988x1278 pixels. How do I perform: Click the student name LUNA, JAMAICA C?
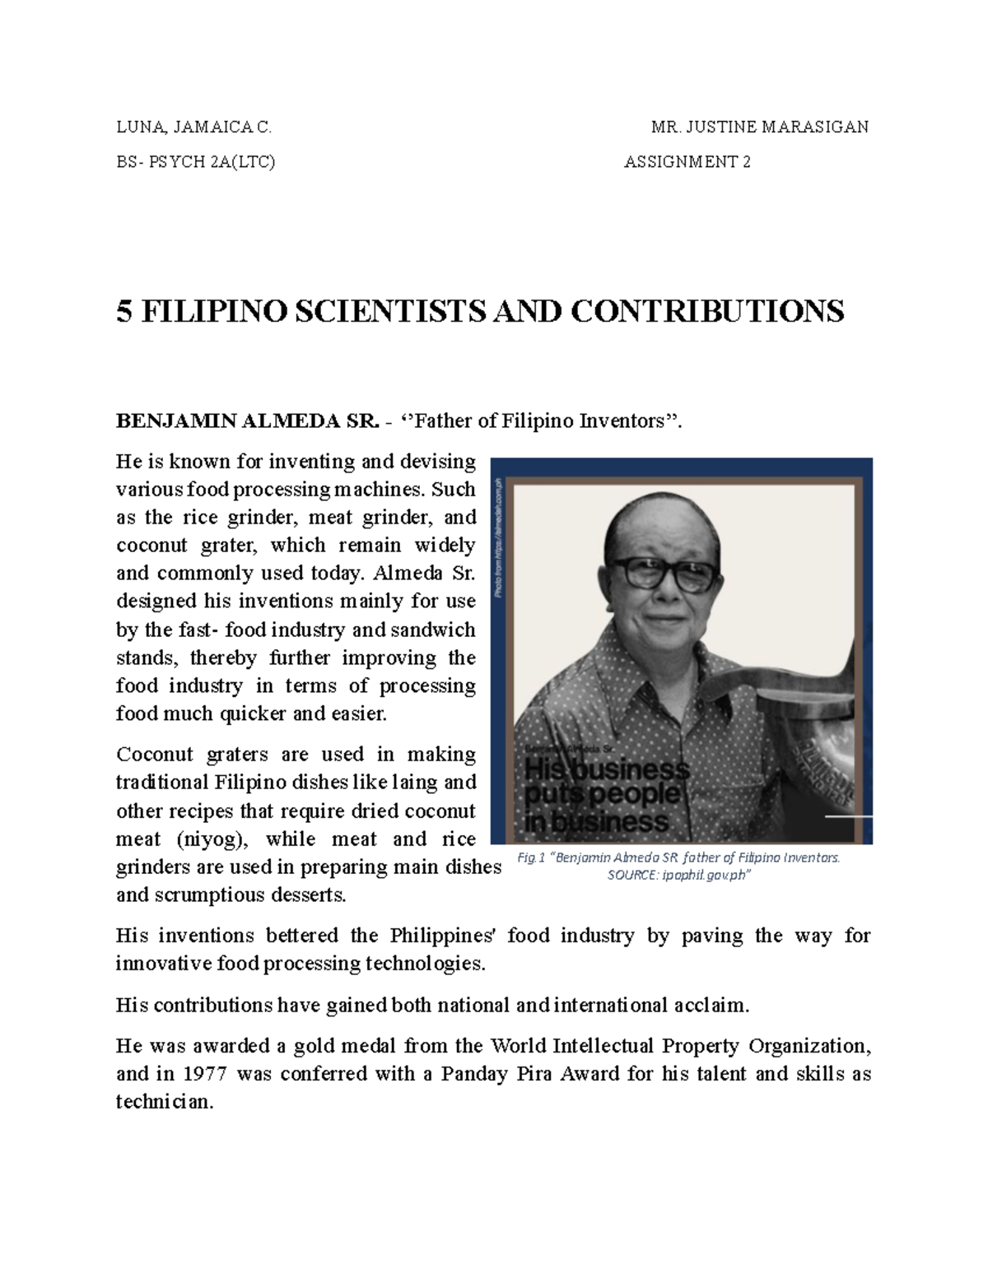193,127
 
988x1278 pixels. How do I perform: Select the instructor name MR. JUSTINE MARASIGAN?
759,127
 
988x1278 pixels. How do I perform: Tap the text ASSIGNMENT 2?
687,162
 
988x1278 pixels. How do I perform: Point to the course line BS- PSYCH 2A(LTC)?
196,162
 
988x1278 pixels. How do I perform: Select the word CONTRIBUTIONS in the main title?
707,311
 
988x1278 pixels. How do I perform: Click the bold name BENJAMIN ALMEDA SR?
248,421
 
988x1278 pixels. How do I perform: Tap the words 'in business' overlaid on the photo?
596,821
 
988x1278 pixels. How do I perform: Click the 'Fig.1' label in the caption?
531,857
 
